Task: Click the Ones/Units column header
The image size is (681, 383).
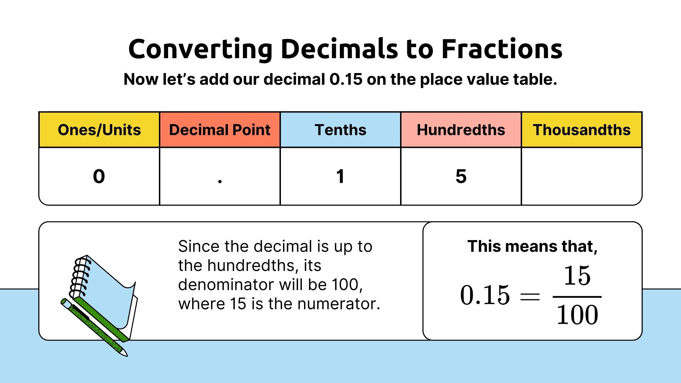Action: tap(99, 130)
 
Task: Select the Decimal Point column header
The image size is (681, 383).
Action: tap(220, 130)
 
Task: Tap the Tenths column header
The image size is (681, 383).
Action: tap(340, 130)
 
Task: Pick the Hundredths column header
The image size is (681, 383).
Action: tap(461, 130)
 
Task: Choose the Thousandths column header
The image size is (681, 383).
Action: tap(582, 130)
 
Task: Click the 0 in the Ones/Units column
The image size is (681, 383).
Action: tap(99, 176)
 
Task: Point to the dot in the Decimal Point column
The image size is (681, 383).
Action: tap(220, 181)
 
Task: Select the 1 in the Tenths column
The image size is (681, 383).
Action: tap(340, 176)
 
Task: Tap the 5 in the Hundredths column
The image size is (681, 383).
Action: tap(461, 176)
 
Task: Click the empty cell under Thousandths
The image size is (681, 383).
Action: tap(582, 176)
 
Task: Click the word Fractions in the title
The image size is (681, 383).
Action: tap(502, 49)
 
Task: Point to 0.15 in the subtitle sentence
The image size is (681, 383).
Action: tap(346, 79)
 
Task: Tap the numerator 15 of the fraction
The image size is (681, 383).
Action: tap(577, 276)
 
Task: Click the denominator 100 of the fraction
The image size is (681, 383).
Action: tap(577, 315)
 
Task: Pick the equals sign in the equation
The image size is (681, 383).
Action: tap(530, 296)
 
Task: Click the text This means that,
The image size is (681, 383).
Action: tap(532, 246)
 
